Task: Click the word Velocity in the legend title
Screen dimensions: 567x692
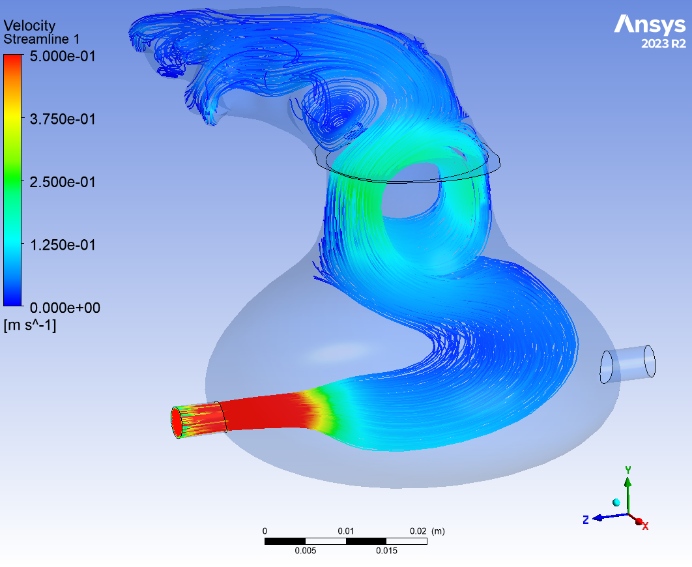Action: (30, 26)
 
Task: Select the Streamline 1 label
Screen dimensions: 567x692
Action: (42, 39)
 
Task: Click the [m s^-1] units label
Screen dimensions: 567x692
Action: (30, 325)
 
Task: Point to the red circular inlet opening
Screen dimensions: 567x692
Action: (177, 422)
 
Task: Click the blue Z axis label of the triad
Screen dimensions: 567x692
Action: (586, 519)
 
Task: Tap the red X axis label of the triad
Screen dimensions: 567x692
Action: (645, 525)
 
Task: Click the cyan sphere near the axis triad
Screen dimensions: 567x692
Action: (616, 502)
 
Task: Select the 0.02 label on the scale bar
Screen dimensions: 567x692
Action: (418, 531)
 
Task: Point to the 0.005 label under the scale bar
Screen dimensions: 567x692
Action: (305, 551)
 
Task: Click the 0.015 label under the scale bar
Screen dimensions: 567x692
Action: (386, 551)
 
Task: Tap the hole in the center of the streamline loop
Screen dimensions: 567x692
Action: (412, 199)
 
